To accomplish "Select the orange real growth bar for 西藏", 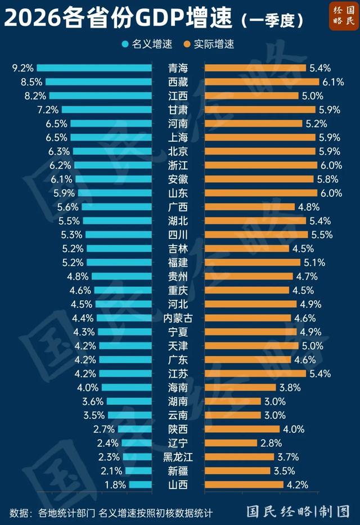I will [x=261, y=82].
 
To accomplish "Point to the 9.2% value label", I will [x=23, y=68].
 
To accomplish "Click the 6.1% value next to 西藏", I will [x=332, y=82].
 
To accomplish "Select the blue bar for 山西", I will [x=141, y=485].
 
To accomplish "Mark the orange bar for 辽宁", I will [x=231, y=443].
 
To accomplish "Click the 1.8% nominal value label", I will [x=115, y=485].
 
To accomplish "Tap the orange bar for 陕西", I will [x=242, y=429].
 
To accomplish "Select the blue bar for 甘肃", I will [x=107, y=110].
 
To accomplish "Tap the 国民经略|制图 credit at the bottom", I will [x=298, y=511].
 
